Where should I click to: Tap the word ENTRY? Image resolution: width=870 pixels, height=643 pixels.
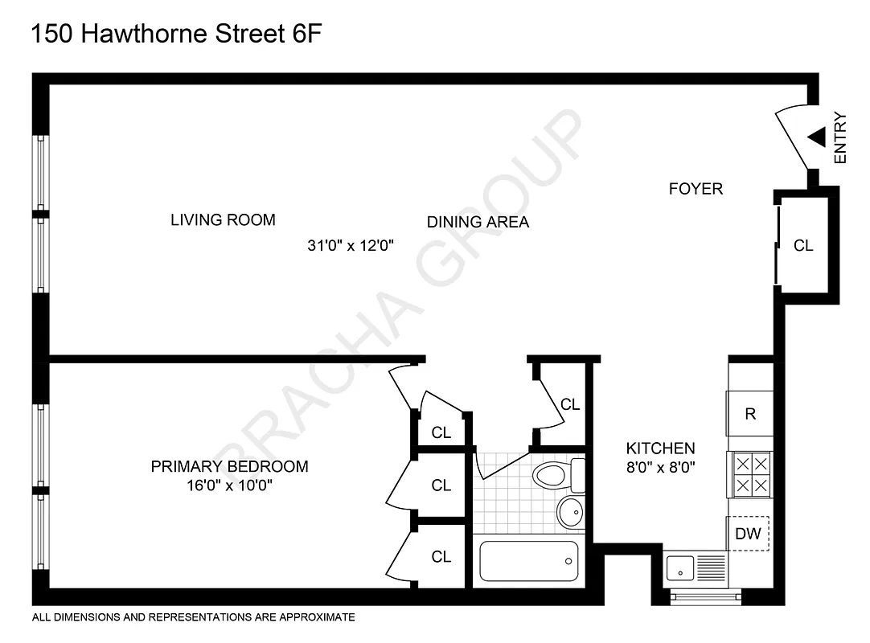(x=841, y=137)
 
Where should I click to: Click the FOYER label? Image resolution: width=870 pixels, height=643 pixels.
(x=696, y=189)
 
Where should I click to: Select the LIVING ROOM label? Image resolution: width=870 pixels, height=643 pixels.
(x=223, y=219)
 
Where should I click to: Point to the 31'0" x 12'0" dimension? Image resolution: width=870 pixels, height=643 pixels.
(x=351, y=246)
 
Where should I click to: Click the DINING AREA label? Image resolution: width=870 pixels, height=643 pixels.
(x=478, y=222)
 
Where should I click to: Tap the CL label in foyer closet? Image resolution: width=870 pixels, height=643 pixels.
(x=803, y=246)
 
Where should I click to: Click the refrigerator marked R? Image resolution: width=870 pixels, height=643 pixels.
(x=749, y=414)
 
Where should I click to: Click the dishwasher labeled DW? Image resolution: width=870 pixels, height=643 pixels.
(x=749, y=533)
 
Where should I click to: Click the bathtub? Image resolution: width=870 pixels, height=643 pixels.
(x=528, y=561)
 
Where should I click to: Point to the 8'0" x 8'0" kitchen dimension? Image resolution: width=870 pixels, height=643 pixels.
(x=661, y=465)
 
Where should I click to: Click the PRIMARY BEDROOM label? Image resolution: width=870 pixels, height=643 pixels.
(x=229, y=466)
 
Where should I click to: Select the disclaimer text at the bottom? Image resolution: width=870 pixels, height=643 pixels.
(x=193, y=617)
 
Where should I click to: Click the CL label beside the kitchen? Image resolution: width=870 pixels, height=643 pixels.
(x=570, y=404)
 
